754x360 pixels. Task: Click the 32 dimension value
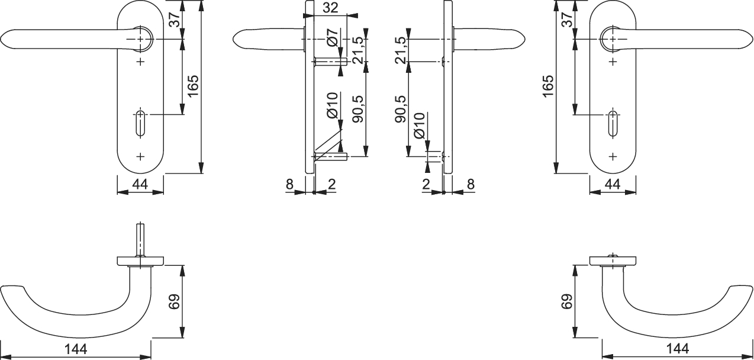pos(331,8)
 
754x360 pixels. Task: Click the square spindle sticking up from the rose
pos(140,239)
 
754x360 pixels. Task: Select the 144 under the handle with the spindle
pos(75,349)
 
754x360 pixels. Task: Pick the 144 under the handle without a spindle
pos(677,349)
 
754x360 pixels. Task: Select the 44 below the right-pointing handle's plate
pos(612,184)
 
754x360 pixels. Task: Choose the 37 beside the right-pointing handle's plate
pos(566,20)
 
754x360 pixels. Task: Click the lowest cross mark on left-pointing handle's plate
pos(140,156)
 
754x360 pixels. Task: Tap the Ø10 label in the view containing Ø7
pos(332,105)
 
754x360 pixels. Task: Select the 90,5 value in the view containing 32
pos(357,108)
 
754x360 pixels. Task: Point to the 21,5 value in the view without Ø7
pos(401,50)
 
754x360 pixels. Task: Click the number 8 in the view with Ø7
pos(290,184)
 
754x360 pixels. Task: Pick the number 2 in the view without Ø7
pos(426,184)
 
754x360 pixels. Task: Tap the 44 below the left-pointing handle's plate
pos(140,184)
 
